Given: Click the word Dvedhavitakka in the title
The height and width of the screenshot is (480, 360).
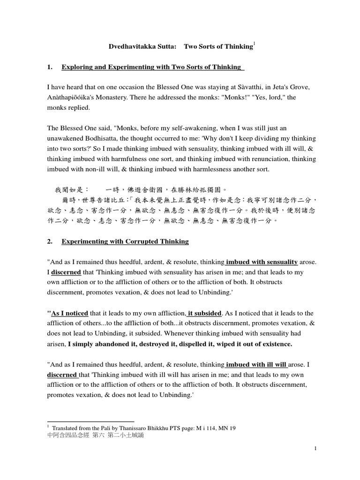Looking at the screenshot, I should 128,47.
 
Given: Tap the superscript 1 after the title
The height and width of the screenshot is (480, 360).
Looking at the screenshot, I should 254,44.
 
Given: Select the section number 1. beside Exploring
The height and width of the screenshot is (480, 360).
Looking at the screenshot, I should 49,67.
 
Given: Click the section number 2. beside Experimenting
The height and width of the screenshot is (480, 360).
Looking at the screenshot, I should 49,241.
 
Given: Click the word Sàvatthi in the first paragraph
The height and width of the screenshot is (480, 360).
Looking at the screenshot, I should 261,87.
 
